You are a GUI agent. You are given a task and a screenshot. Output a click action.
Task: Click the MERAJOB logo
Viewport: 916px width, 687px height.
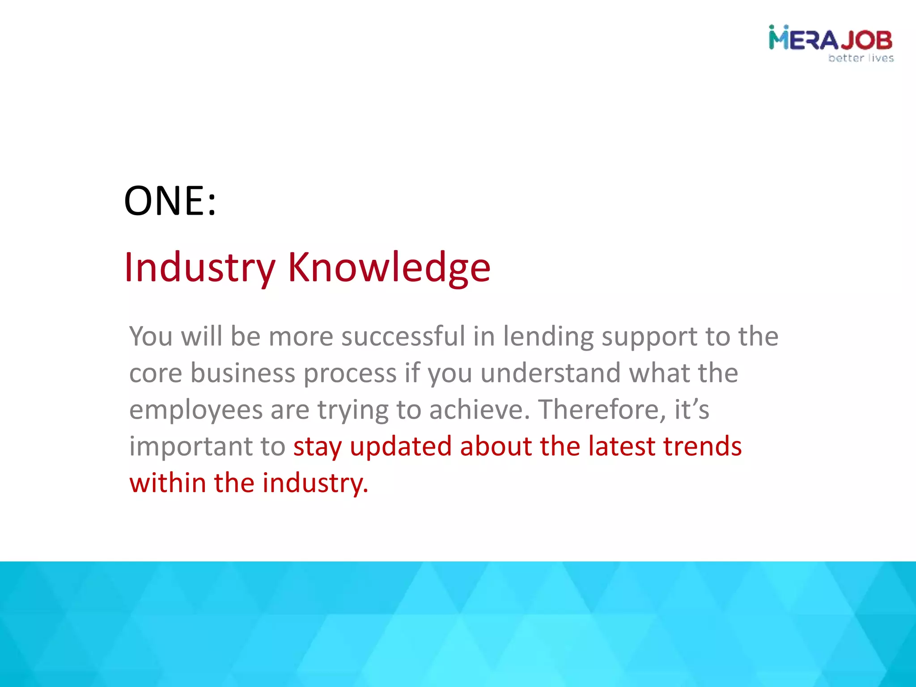click(x=831, y=39)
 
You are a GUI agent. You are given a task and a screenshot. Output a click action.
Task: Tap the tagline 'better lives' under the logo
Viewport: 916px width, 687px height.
click(x=861, y=58)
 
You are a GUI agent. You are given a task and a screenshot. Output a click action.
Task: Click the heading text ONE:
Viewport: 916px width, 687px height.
click(x=170, y=201)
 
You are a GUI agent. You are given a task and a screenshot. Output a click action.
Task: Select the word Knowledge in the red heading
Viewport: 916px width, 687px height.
click(x=389, y=267)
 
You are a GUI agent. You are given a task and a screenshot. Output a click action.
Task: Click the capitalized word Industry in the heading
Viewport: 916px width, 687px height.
click(x=199, y=267)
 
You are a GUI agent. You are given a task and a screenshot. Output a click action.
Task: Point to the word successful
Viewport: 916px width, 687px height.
click(x=403, y=336)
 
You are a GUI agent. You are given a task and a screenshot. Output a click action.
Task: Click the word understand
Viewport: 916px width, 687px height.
click(x=551, y=373)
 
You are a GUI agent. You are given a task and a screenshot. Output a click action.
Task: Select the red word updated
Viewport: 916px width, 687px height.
click(x=401, y=447)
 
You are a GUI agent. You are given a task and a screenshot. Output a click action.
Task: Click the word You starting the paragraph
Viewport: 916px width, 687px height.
click(x=151, y=336)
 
